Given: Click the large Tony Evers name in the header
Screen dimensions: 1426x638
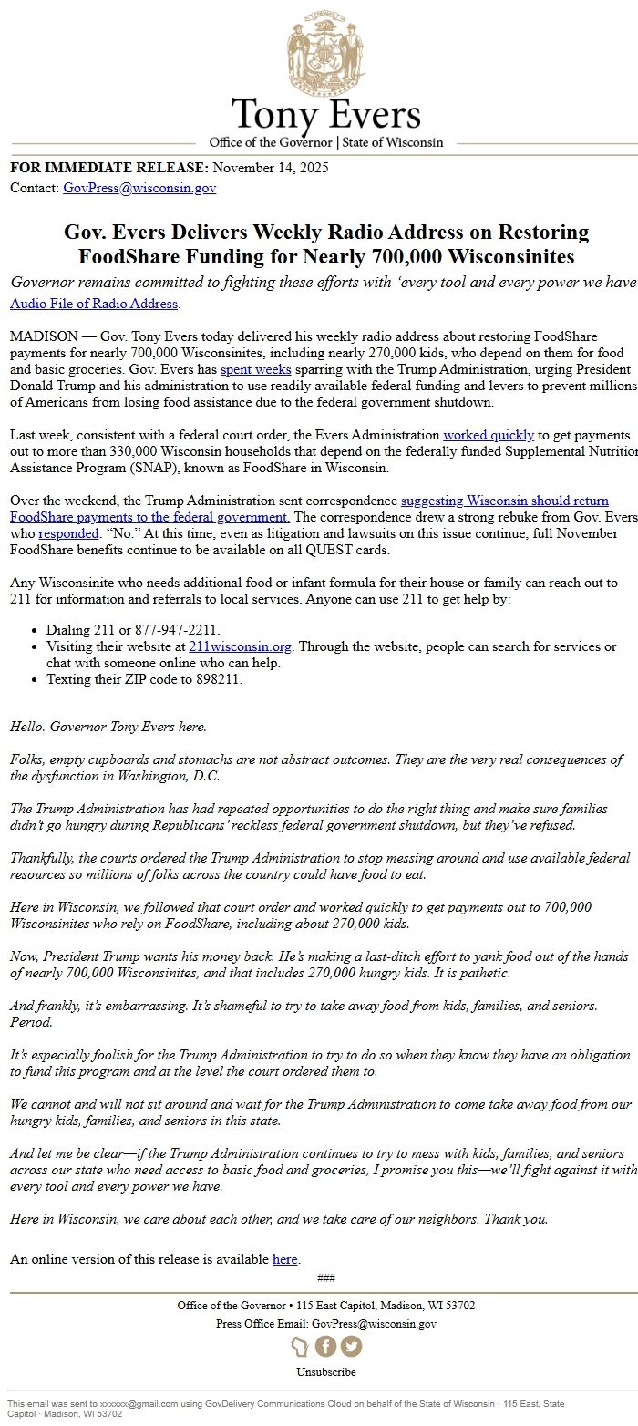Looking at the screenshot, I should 325,115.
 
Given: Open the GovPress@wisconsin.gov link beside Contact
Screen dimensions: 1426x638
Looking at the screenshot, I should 139,188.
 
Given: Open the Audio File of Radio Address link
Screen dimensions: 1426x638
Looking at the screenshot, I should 94,304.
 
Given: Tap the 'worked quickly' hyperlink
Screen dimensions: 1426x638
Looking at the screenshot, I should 488,435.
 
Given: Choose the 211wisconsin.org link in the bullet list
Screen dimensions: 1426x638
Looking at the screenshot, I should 240,646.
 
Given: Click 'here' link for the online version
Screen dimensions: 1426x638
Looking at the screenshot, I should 284,1259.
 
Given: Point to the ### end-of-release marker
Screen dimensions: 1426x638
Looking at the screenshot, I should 325,1277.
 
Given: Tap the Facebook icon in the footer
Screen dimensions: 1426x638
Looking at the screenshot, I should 325,1346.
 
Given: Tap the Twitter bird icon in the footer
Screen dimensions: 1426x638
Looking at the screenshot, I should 351,1346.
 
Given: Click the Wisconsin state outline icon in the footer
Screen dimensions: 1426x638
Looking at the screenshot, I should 300,1346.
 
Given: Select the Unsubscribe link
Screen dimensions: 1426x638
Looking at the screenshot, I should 325,1371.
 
